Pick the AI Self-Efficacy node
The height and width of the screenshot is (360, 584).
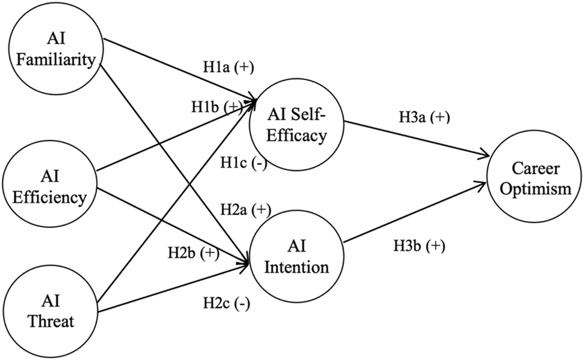[x=299, y=128]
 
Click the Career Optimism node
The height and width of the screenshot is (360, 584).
[x=534, y=181]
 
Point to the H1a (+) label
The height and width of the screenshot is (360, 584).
[x=227, y=68]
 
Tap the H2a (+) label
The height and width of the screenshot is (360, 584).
[x=244, y=209]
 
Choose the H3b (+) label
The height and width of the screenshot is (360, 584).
[x=419, y=245]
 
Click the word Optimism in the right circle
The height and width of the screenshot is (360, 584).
[x=534, y=190]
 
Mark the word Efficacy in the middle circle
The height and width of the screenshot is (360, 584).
[x=299, y=136]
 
